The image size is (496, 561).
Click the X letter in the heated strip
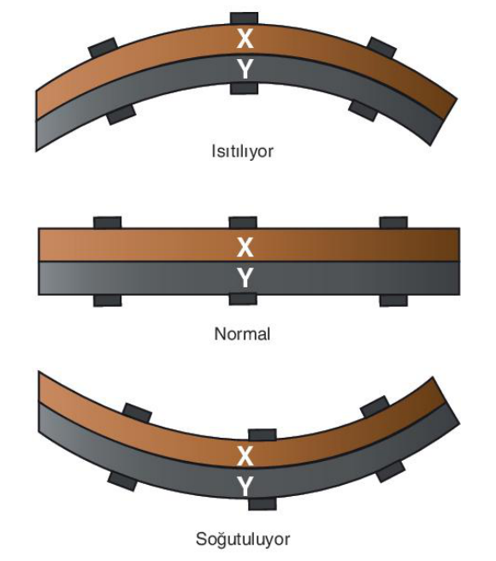pyautogui.click(x=245, y=38)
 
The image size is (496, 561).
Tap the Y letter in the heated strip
pyautogui.click(x=245, y=69)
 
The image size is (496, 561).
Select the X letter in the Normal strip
pyautogui.click(x=245, y=247)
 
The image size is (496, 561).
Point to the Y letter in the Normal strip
pyautogui.click(x=245, y=278)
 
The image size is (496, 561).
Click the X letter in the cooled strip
pyautogui.click(x=245, y=456)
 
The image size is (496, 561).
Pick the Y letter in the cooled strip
pyautogui.click(x=245, y=487)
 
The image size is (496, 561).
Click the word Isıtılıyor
pyautogui.click(x=242, y=151)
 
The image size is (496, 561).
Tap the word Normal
pyautogui.click(x=242, y=334)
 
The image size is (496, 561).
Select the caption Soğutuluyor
pyautogui.click(x=243, y=539)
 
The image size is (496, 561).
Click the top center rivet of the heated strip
pyautogui.click(x=244, y=18)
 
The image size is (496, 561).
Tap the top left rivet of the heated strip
pyautogui.click(x=103, y=47)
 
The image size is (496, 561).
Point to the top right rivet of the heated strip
pyautogui.click(x=382, y=47)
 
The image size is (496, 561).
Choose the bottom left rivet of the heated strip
pyautogui.click(x=121, y=114)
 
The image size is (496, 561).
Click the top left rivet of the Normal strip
pyautogui.click(x=108, y=222)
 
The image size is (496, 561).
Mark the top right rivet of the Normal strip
pyautogui.click(x=393, y=222)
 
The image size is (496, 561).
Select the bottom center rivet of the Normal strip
pyautogui.click(x=243, y=299)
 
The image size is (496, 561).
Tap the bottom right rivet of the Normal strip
pyautogui.click(x=393, y=300)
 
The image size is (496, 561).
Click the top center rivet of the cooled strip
pyautogui.click(x=263, y=434)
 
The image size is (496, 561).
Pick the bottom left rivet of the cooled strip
pyautogui.click(x=122, y=481)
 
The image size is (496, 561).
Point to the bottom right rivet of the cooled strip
pyautogui.click(x=391, y=472)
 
